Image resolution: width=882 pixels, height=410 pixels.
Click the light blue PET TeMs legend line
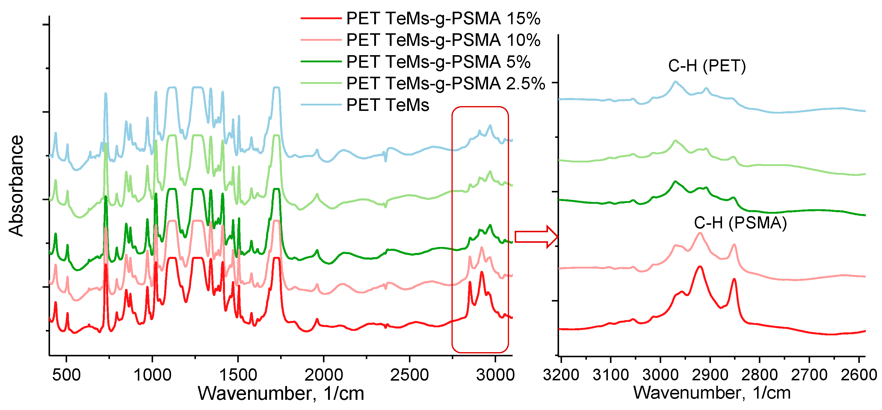[321, 105]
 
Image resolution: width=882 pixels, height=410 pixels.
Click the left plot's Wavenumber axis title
[281, 393]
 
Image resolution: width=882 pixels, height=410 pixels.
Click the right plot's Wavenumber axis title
[712, 393]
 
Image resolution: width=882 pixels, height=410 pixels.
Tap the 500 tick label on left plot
[67, 375]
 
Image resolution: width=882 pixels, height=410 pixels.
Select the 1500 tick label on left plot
[238, 375]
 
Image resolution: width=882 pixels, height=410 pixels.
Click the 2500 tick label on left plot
[409, 375]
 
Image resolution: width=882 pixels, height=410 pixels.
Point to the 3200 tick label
[561, 375]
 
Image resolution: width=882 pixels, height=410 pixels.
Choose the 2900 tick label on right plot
[710, 375]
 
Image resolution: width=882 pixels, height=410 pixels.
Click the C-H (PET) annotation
[707, 66]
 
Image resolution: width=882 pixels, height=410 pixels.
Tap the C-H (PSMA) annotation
[740, 223]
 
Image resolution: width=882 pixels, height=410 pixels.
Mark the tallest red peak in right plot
[700, 266]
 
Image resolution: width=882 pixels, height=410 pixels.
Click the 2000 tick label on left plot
[324, 375]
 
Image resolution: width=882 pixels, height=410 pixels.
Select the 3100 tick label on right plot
[611, 375]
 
